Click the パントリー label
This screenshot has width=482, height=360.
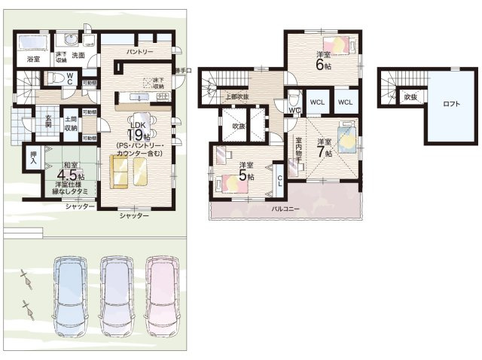tap(139, 52)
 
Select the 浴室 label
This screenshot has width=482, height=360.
tap(33, 58)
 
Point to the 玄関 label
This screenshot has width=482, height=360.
tap(47, 121)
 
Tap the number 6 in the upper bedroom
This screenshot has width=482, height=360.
tap(322, 66)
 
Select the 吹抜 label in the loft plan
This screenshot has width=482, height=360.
tap(410, 96)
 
